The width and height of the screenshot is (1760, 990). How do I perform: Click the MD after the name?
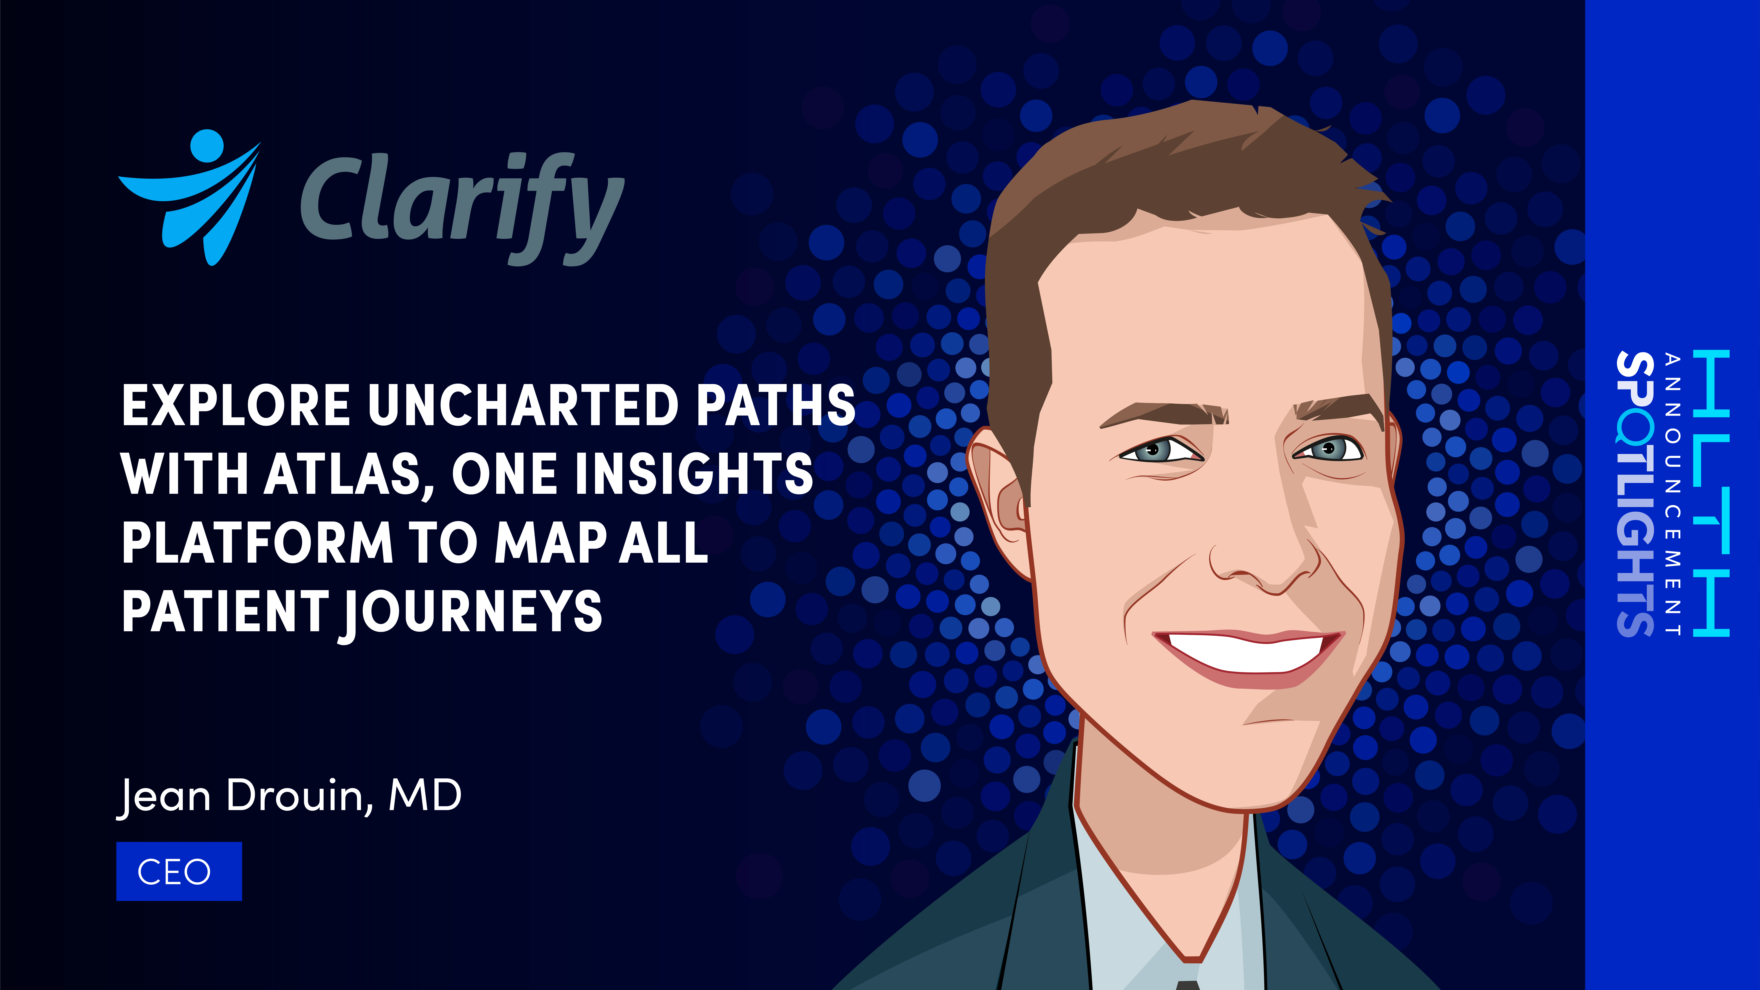coord(425,796)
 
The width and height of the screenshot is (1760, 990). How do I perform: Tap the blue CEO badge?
coord(179,871)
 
